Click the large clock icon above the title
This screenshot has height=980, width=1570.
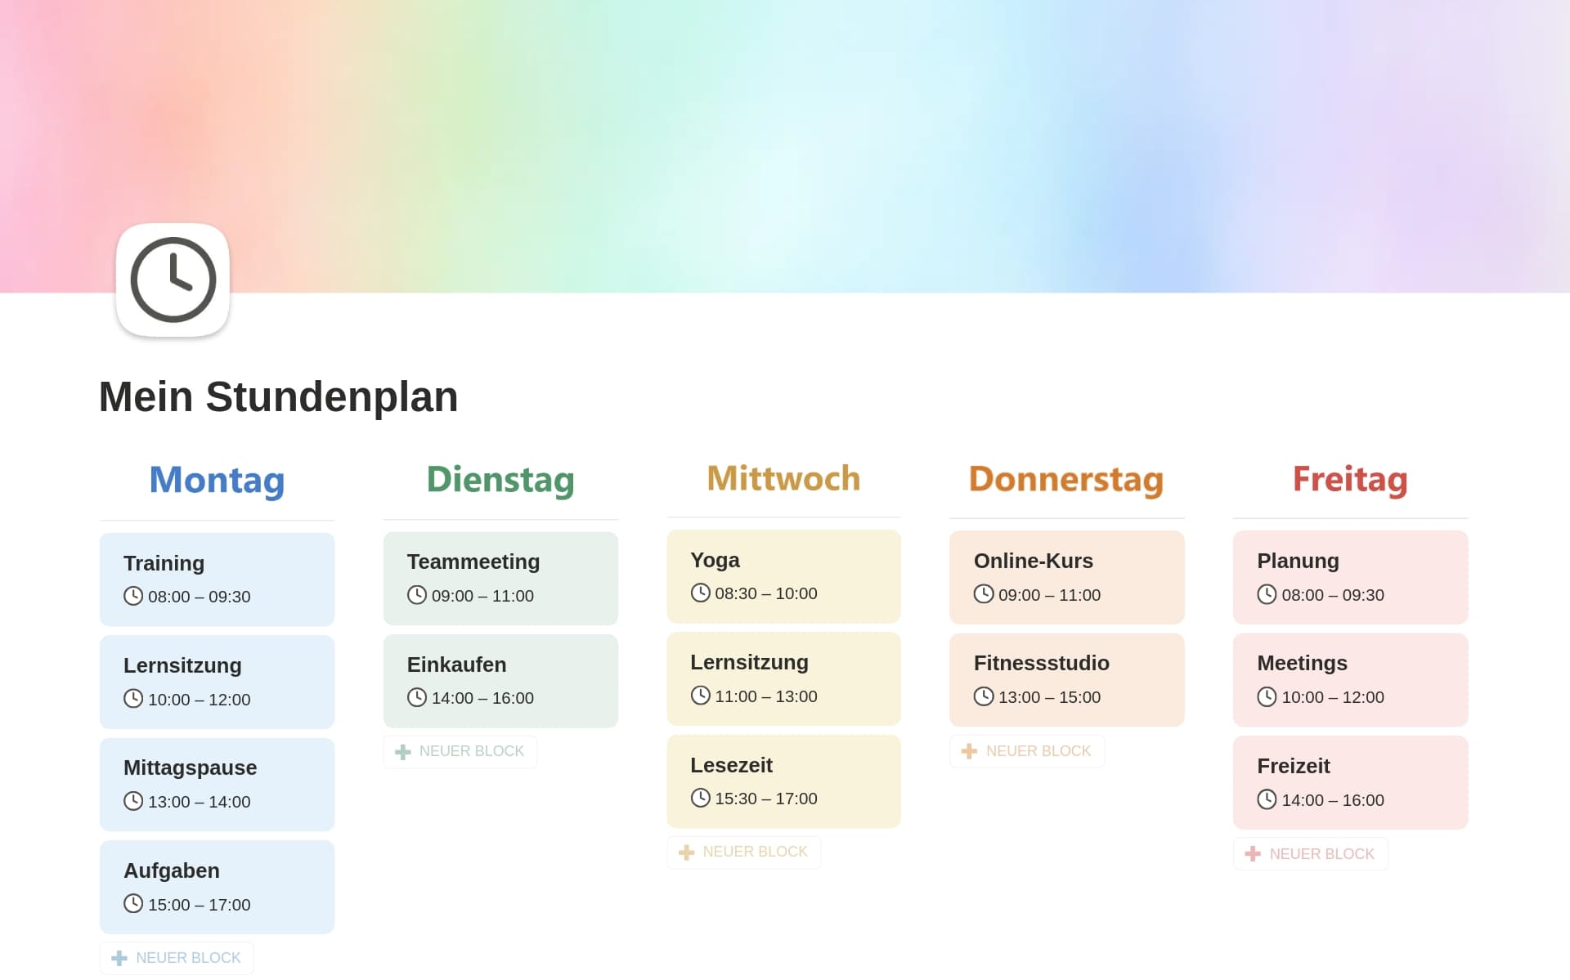(173, 280)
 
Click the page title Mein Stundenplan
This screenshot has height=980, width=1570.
(278, 396)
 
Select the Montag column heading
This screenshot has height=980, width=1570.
(217, 480)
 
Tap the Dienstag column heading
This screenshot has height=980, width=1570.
(500, 480)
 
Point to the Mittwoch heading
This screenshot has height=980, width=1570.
(783, 478)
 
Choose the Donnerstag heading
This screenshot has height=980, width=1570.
(1066, 480)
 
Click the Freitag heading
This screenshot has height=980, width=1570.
(1350, 480)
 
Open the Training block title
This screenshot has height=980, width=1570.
(164, 563)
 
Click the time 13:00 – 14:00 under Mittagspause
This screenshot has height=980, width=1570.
(199, 802)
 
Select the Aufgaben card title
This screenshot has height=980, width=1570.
(172, 870)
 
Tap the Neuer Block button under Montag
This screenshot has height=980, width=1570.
(177, 958)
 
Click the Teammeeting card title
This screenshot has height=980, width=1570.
(473, 562)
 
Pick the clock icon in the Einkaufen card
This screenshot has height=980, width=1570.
(417, 697)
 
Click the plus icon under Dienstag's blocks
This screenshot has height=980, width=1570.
(402, 752)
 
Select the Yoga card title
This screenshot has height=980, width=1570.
(715, 560)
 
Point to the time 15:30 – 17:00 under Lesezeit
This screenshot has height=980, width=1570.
(766, 799)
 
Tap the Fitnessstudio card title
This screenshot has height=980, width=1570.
(1041, 663)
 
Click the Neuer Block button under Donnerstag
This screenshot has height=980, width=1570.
(1027, 751)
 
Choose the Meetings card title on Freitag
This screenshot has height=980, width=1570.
(1302, 663)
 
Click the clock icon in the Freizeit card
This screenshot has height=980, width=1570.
(1267, 799)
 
